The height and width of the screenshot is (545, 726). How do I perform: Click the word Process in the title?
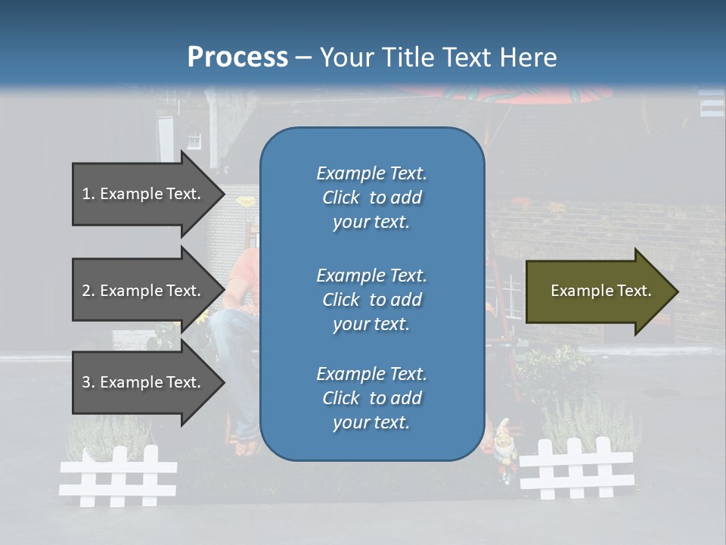click(237, 58)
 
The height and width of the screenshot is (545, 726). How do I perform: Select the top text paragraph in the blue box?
click(371, 198)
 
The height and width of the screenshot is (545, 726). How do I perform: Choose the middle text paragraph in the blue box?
click(371, 300)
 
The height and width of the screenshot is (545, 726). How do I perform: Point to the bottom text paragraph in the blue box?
click(371, 398)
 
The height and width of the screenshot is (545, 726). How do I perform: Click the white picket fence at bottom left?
click(118, 476)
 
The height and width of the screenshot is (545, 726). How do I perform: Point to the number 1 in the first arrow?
click(86, 194)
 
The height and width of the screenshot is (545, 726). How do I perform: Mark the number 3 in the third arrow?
click(86, 382)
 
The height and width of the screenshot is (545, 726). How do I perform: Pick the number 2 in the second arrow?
click(86, 291)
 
